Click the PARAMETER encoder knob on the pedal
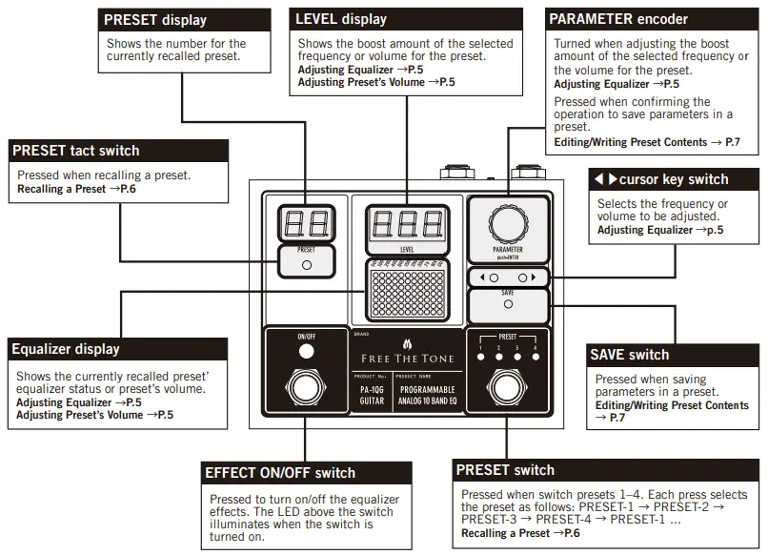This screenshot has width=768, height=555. pos(507,225)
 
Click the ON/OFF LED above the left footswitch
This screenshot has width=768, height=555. pos(306,352)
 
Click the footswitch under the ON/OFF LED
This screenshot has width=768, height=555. pos(306,390)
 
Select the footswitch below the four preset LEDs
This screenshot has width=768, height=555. pos(507,390)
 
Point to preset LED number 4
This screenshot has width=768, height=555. pos(535,357)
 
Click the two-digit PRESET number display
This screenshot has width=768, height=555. pos(306,224)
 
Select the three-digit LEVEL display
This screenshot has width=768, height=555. pos(407,224)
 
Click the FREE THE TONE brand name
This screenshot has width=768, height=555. pos(407,360)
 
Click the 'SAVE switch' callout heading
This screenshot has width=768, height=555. pos(630,355)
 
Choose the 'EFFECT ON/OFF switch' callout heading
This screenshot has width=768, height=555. pos(280,473)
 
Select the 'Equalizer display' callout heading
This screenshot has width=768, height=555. pos(66,349)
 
